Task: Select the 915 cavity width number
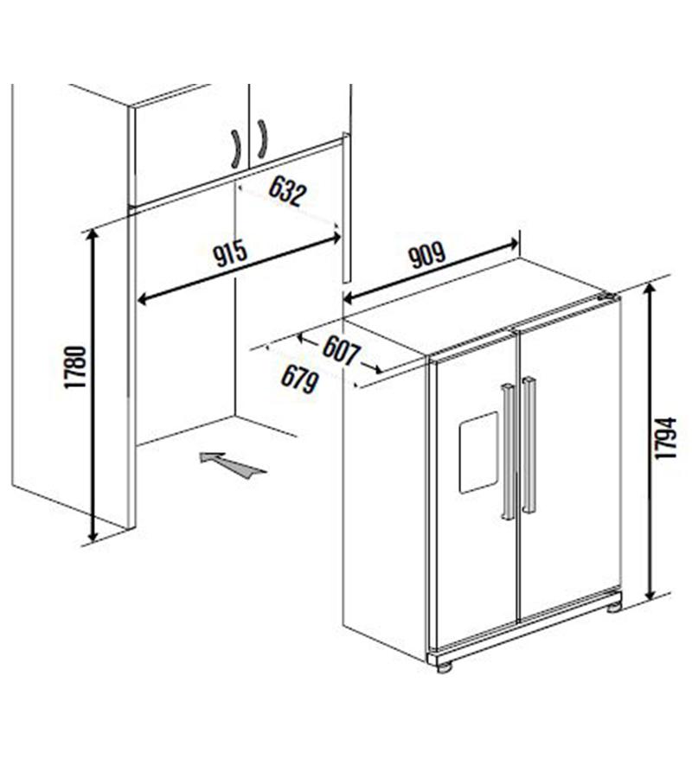pos(230,252)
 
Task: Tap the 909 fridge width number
pos(427,254)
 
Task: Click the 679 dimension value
pos(299,379)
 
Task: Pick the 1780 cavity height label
pos(75,367)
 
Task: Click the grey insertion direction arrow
pos(234,464)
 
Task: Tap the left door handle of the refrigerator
pos(508,451)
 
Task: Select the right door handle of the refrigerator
pos(529,444)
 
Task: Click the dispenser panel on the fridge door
pos(478,452)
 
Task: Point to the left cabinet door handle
pos(236,149)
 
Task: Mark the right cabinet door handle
pos(263,139)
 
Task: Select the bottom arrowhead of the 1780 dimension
pos(93,535)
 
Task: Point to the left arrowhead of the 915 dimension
pos(143,299)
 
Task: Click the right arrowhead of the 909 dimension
pos(513,243)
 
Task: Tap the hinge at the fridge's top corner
pos(609,297)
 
